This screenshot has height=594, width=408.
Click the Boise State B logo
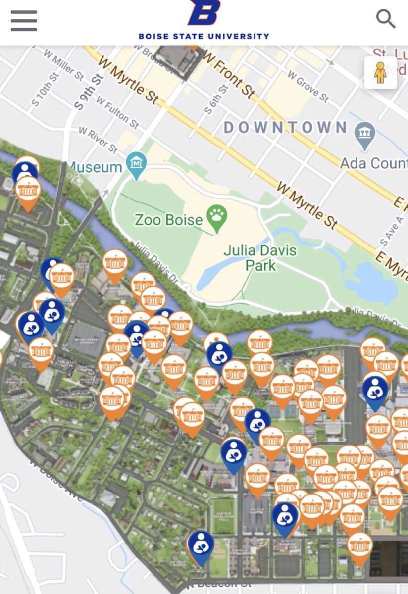204,13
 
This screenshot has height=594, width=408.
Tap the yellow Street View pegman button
380,73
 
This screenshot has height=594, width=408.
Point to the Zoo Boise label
168,219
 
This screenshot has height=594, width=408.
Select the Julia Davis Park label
260,257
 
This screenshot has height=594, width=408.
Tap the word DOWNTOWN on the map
285,127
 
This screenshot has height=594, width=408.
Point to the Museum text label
94,167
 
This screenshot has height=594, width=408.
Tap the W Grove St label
308,89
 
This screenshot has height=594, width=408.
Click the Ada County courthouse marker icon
365,133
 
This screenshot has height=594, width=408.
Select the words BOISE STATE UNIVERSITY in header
204,36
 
